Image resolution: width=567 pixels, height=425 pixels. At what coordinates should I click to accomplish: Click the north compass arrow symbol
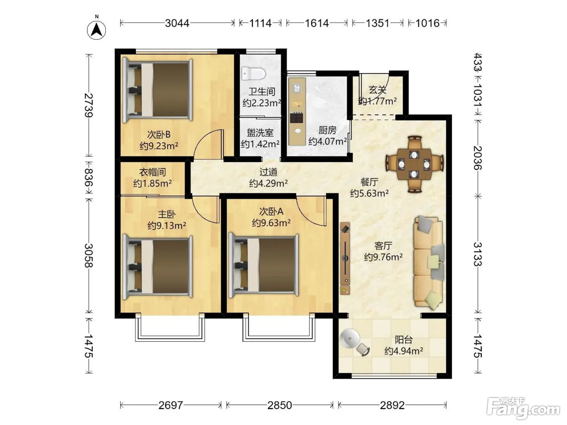click(96, 30)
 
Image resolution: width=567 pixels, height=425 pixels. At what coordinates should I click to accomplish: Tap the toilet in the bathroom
click(254, 74)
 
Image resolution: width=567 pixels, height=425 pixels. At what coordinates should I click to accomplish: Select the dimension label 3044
click(177, 23)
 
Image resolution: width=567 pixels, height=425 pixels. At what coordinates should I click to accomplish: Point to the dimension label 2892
click(392, 406)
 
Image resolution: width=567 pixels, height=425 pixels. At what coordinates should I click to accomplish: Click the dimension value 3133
click(478, 254)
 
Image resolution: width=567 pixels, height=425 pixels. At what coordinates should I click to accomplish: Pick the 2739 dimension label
click(89, 105)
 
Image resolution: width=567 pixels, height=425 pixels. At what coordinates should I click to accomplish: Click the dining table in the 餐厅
click(414, 164)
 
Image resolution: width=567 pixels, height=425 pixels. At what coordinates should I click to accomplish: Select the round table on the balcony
click(350, 338)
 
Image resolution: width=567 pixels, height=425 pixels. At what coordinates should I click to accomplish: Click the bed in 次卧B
click(157, 90)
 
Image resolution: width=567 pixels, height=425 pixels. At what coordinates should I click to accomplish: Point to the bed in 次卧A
click(264, 266)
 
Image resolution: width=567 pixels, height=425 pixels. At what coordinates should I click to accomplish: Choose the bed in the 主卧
click(157, 267)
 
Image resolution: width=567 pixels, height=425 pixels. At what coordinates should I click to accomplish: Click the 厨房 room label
click(327, 130)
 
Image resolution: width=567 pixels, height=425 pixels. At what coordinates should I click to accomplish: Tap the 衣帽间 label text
click(152, 172)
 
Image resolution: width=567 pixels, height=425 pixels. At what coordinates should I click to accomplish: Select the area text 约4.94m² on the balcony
click(403, 351)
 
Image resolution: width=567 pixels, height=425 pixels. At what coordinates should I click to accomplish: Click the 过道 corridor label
click(269, 172)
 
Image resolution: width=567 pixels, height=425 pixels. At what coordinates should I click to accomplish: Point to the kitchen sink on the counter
click(296, 88)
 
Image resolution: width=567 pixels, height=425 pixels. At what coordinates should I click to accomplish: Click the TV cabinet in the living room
click(345, 258)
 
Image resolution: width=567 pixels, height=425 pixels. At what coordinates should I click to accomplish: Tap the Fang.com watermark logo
click(523, 408)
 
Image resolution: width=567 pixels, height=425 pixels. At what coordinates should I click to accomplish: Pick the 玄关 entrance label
click(377, 90)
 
